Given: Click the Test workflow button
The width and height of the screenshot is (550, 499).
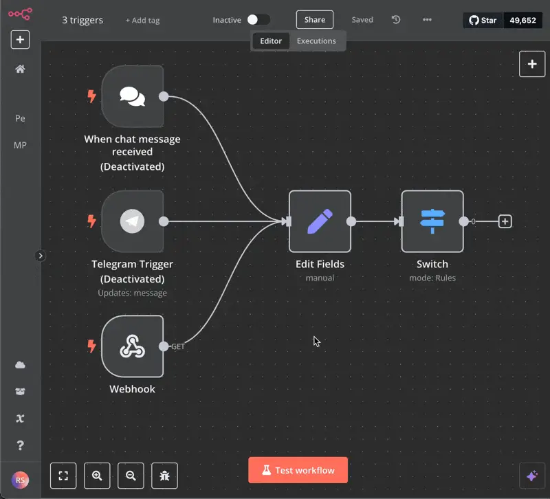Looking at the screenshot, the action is click(298, 470).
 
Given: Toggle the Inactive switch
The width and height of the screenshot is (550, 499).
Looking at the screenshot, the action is click(258, 20).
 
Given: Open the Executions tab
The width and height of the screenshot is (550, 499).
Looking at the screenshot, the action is click(316, 41).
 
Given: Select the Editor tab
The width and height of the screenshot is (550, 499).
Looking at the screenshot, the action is click(271, 41).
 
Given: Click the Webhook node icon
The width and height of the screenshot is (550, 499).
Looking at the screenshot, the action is click(132, 346).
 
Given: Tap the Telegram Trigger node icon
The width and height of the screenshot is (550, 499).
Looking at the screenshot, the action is click(132, 221).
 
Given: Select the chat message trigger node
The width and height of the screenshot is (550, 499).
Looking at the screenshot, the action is click(132, 96).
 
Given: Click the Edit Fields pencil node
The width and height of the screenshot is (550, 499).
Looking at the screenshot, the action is click(320, 221).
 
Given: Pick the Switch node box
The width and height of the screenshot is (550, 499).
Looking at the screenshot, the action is click(432, 221).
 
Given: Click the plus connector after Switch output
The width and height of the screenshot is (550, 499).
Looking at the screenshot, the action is click(505, 221).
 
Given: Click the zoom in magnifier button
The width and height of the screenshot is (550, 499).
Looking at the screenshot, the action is click(97, 476).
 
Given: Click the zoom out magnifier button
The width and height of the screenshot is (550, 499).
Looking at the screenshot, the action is click(131, 476).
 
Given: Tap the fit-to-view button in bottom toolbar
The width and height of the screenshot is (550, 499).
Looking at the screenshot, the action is click(63, 476).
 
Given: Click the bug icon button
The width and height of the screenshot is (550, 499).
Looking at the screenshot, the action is click(164, 476).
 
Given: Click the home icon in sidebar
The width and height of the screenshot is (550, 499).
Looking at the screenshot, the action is click(20, 69).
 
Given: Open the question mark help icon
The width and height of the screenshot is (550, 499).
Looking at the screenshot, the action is click(21, 445).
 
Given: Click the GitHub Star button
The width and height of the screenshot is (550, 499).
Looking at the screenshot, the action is click(483, 21).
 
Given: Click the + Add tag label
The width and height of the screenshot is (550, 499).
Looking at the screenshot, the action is click(142, 21).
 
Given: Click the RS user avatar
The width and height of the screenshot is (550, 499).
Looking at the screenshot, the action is click(20, 480).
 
